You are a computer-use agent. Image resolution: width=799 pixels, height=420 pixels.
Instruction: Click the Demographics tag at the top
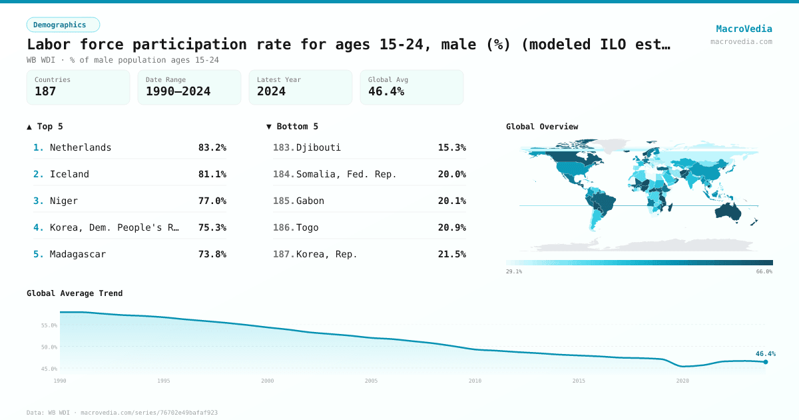click(63, 25)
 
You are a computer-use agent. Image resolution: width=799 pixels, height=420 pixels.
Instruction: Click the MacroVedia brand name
click(744, 29)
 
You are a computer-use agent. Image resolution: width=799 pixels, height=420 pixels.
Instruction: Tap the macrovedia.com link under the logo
click(741, 41)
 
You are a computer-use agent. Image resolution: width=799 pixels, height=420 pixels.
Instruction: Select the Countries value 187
click(45, 92)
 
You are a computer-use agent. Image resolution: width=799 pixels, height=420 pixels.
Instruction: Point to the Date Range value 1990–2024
click(178, 92)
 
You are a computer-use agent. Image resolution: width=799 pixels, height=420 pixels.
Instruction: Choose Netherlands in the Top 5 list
click(81, 147)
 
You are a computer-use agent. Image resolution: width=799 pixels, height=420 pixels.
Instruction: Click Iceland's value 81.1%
click(212, 174)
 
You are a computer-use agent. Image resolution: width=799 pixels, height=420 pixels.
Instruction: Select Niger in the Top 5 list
click(64, 201)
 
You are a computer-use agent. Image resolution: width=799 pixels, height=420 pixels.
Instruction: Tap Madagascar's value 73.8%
click(212, 254)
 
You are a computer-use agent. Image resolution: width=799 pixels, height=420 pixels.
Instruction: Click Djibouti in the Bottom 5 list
click(318, 147)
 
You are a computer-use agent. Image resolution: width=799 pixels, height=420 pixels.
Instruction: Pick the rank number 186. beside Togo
click(284, 227)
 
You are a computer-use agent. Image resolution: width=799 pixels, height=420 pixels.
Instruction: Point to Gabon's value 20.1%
click(451, 201)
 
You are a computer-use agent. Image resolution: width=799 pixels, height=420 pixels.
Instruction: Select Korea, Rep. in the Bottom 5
click(327, 254)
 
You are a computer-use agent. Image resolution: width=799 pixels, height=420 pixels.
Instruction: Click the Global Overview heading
click(542, 127)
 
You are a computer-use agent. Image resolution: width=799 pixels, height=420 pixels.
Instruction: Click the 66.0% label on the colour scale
click(764, 271)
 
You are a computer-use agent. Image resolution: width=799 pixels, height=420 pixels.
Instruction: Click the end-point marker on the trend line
click(765, 362)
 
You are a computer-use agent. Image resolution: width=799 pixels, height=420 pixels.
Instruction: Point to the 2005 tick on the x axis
click(372, 381)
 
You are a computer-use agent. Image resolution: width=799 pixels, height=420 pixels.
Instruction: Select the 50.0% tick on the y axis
click(49, 347)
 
